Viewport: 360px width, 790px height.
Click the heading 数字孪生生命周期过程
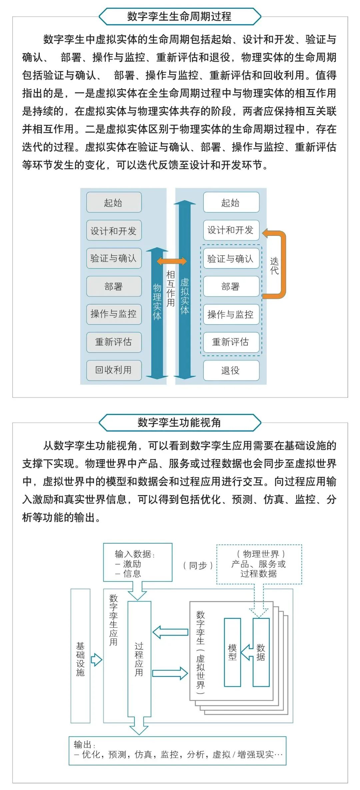[179, 16]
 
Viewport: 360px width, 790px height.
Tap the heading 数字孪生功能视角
[179, 423]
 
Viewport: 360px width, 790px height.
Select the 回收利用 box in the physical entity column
[114, 370]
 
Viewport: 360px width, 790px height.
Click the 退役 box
[231, 370]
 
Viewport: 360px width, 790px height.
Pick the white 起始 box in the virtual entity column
[231, 202]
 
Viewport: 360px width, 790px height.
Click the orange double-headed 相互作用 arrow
[172, 261]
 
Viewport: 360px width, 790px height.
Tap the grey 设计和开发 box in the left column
[114, 230]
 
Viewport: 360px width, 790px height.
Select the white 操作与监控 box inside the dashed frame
[231, 314]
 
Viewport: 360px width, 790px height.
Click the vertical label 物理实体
[157, 302]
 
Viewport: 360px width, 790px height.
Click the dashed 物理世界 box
[259, 564]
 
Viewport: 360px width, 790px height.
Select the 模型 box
[232, 652]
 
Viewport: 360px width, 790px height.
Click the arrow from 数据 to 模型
[247, 652]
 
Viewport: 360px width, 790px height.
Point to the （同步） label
[198, 566]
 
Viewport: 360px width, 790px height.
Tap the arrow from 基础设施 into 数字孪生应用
[96, 659]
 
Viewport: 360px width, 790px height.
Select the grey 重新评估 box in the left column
[114, 342]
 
